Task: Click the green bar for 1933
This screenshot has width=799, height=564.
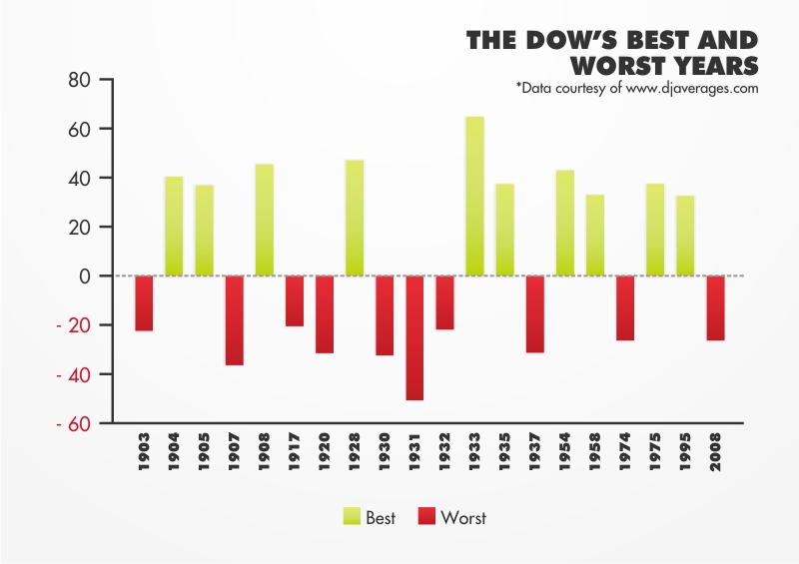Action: pyautogui.click(x=474, y=197)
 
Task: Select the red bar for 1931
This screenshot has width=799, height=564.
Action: pyautogui.click(x=414, y=338)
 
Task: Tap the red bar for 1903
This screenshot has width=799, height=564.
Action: pyautogui.click(x=144, y=303)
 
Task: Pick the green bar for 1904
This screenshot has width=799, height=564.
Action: pyautogui.click(x=174, y=227)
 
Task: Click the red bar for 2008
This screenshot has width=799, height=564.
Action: pyautogui.click(x=715, y=308)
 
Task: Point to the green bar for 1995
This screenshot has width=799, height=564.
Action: pyautogui.click(x=685, y=236)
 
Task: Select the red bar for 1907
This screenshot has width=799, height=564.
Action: pyautogui.click(x=234, y=320)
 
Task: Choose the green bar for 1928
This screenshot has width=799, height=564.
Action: pyautogui.click(x=355, y=218)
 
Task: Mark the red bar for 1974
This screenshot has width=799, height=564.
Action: pyautogui.click(x=625, y=308)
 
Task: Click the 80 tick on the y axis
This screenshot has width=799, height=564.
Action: pyautogui.click(x=79, y=80)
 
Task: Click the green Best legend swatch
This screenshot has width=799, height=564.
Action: pyautogui.click(x=353, y=517)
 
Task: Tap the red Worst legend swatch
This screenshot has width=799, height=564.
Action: pyautogui.click(x=426, y=517)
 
